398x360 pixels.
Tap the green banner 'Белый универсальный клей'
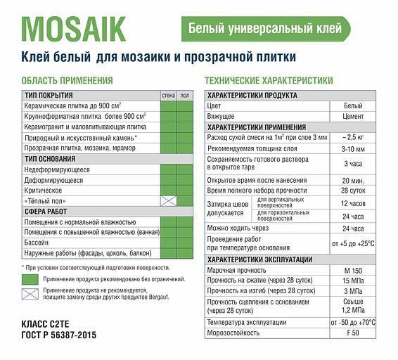click(266, 29)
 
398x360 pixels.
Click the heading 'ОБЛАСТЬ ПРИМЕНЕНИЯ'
click(68, 81)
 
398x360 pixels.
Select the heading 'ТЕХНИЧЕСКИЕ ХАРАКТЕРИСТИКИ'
click(269, 81)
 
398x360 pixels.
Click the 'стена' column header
click(168, 95)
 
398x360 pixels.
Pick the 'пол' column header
click(184, 95)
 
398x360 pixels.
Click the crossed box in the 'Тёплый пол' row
click(168, 201)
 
